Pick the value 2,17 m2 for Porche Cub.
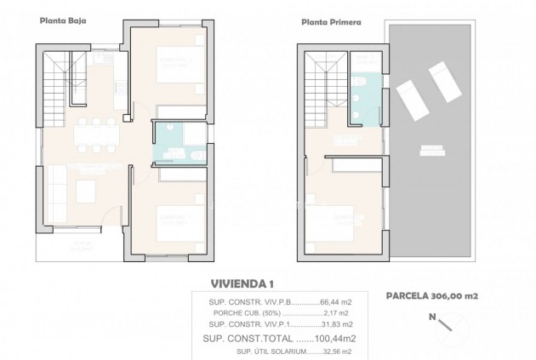(311, 312)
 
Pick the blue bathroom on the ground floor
(175, 143)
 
